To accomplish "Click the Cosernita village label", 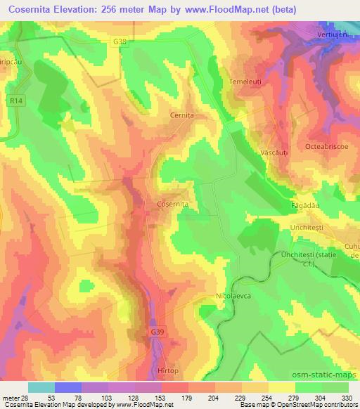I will (172, 204).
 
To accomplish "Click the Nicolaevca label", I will (233, 296).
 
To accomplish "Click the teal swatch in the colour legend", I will (41, 387).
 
